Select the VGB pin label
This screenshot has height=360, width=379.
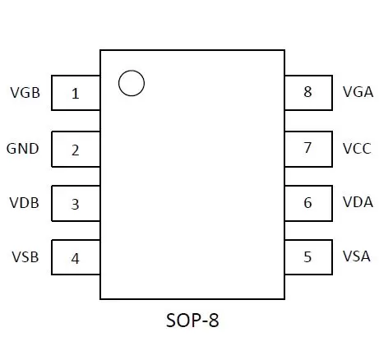coord(25,93)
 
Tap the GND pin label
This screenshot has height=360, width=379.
coord(22,149)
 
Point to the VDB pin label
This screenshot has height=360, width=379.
coord(24,203)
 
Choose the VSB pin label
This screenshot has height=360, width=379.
coord(25,257)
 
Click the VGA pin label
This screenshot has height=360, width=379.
coord(358,92)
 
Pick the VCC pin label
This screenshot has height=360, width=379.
coord(357,149)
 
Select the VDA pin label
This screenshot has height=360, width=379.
coord(358,202)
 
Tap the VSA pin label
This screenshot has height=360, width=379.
coord(357,256)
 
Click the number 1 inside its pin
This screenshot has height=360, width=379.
coord(76,94)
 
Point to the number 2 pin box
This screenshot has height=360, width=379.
coord(76,149)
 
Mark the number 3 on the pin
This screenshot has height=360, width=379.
coord(76,205)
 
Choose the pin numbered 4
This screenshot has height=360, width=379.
coord(76,257)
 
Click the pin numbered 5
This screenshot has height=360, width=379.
coord(308,257)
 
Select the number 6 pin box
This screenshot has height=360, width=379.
coord(308,203)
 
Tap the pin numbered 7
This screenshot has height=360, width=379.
coord(308,149)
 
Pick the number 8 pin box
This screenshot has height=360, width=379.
coord(308,93)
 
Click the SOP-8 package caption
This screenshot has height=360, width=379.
coord(192,320)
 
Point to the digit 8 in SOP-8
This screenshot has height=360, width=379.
coord(214,320)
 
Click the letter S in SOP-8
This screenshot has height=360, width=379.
coord(171,320)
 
